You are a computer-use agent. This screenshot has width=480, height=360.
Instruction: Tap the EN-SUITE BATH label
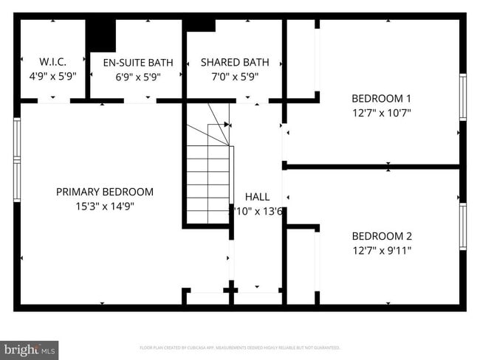(138, 62)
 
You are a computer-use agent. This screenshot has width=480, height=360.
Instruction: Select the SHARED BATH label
(235, 62)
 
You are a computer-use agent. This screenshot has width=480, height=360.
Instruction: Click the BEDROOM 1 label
(381, 98)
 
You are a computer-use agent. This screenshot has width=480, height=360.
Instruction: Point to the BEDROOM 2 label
(381, 236)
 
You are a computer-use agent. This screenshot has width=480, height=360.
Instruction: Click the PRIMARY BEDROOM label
(105, 192)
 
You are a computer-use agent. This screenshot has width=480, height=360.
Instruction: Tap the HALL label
(257, 197)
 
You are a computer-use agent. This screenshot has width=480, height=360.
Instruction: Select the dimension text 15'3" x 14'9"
(105, 207)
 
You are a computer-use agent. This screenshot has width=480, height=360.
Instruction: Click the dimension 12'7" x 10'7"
(381, 113)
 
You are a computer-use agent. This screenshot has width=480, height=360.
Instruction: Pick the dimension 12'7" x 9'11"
(381, 251)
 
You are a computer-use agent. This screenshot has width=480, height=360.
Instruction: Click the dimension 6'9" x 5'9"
(138, 76)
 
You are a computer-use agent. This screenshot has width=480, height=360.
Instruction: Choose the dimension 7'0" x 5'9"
(235, 76)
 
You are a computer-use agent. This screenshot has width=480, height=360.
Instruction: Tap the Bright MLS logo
(30, 349)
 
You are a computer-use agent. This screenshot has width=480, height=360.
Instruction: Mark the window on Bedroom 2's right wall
(463, 226)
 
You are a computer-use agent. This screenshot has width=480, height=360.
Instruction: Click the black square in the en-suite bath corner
(101, 34)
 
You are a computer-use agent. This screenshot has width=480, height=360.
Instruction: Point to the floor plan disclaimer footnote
(239, 347)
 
